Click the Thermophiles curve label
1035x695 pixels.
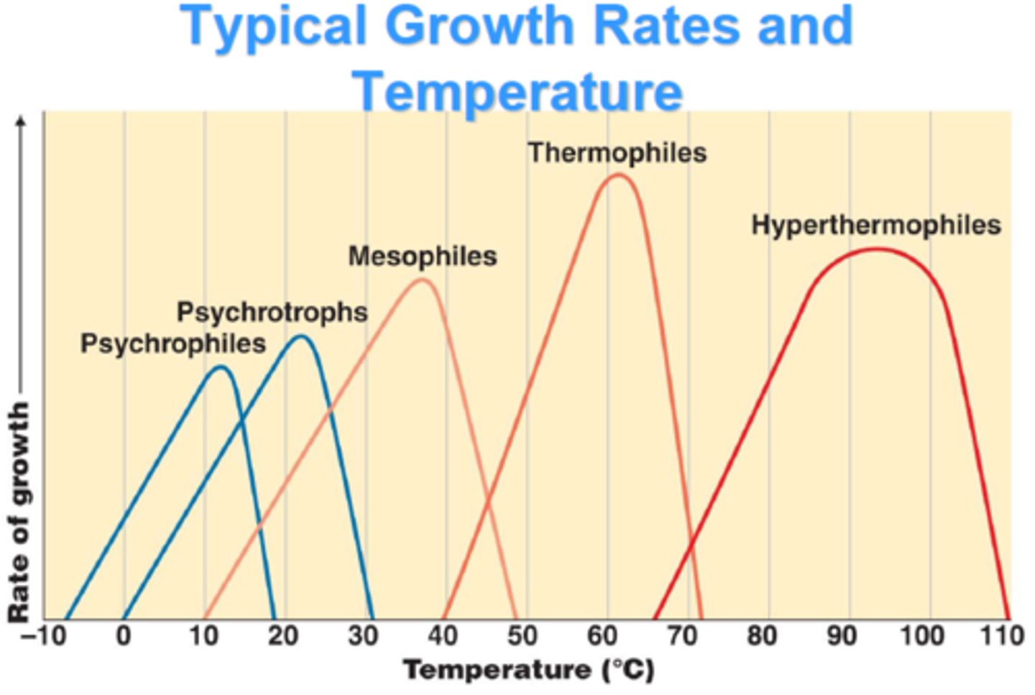click(x=617, y=153)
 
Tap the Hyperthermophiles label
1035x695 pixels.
click(x=875, y=225)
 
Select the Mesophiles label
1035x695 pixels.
click(x=423, y=257)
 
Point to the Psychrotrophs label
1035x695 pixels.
click(x=272, y=313)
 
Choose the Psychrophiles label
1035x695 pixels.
click(x=173, y=344)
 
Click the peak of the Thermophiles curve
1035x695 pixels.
click(x=617, y=175)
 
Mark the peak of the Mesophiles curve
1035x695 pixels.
click(x=424, y=279)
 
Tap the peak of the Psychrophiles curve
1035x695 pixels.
click(x=222, y=367)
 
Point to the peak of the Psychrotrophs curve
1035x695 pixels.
click(x=302, y=336)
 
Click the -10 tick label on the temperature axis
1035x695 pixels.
click(x=42, y=636)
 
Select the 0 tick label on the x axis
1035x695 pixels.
click(x=124, y=636)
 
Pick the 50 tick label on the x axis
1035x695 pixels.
click(x=523, y=636)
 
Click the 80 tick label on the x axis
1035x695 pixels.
click(x=762, y=636)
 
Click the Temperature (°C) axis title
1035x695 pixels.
click(x=528, y=670)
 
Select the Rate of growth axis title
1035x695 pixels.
click(x=19, y=512)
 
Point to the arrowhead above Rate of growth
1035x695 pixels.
click(x=22, y=121)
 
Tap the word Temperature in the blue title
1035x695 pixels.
click(x=517, y=92)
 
